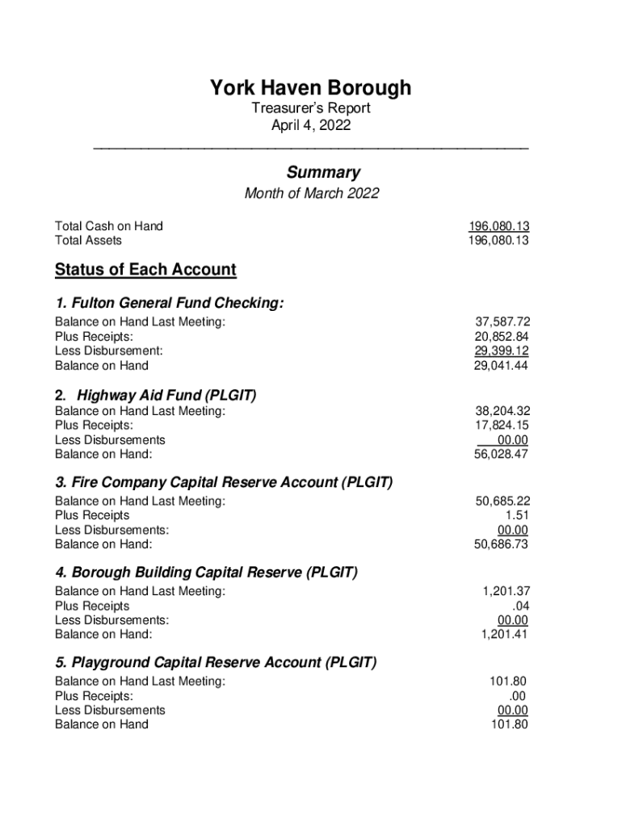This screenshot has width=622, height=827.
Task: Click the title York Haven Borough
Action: click(x=311, y=87)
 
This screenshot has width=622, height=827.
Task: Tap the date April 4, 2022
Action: click(x=311, y=126)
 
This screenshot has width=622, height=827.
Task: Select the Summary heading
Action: click(x=323, y=172)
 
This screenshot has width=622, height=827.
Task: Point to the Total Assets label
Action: click(x=88, y=241)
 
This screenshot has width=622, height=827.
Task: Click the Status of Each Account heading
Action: click(x=145, y=270)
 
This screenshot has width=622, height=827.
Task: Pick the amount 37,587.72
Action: click(x=502, y=322)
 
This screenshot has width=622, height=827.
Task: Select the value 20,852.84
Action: click(x=502, y=337)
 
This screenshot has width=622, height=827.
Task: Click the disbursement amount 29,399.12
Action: click(x=502, y=351)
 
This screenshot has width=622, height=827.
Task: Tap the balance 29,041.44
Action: click(x=502, y=366)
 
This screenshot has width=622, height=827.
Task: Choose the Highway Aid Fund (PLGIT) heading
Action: click(x=166, y=395)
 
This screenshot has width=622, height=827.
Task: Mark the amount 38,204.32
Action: click(x=502, y=411)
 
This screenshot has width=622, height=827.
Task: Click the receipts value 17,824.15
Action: click(x=502, y=426)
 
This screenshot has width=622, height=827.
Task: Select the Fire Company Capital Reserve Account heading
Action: click(x=224, y=482)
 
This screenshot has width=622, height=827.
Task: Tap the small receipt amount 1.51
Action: click(x=517, y=515)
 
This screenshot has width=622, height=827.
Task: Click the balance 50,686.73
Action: click(x=501, y=544)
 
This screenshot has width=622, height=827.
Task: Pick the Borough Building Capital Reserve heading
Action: click(x=206, y=573)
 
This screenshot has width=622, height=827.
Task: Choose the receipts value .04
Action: click(x=520, y=606)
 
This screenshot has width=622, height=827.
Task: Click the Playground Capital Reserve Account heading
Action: click(x=216, y=662)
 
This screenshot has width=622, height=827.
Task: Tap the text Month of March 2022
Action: click(x=311, y=194)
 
